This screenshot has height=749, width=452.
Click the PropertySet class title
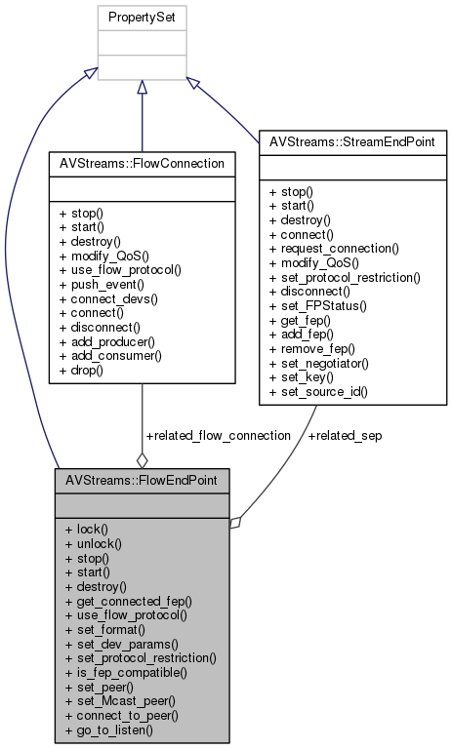(x=142, y=19)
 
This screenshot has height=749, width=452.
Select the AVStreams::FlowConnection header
(x=143, y=162)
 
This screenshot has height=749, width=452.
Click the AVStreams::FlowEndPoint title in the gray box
(x=143, y=481)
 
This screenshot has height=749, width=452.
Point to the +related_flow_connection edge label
(x=217, y=435)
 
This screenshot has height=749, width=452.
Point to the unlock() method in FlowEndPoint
(x=95, y=542)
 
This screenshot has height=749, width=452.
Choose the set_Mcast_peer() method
(x=113, y=702)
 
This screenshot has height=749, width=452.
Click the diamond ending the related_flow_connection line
(x=143, y=458)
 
